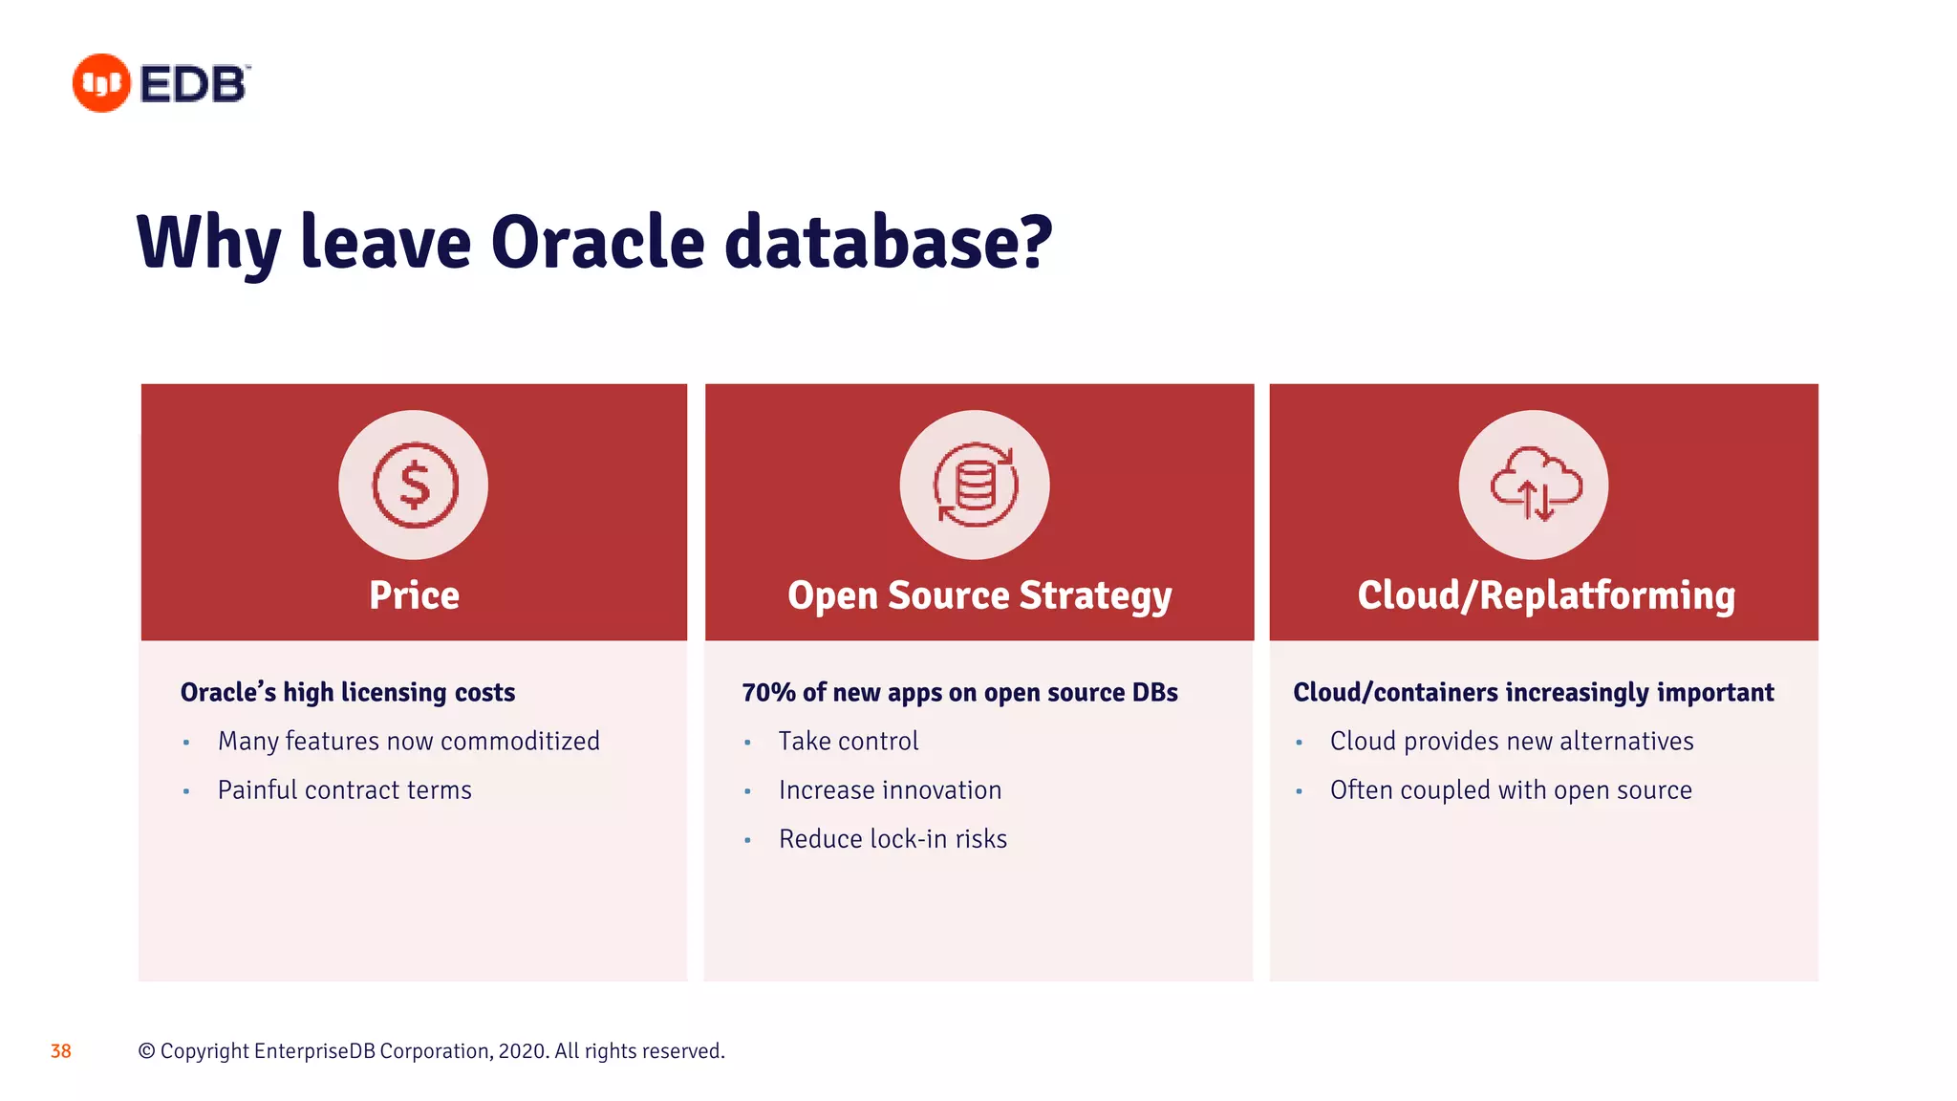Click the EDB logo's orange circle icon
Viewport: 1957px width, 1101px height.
(x=101, y=83)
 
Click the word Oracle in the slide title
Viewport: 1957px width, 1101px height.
(x=597, y=242)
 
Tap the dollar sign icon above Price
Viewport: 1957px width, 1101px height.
(x=414, y=486)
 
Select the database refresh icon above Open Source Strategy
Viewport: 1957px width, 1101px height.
(x=975, y=486)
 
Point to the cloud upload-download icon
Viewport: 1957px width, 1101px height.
(x=1535, y=486)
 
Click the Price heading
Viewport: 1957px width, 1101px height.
(x=414, y=595)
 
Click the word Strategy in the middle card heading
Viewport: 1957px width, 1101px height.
(x=1095, y=595)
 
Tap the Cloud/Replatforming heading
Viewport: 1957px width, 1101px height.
(x=1545, y=595)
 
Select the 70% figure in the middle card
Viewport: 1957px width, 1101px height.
(x=768, y=692)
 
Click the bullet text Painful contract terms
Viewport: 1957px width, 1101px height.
(x=344, y=790)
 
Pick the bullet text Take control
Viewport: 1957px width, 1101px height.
(x=848, y=742)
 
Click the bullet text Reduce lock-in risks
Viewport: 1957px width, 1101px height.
(x=892, y=839)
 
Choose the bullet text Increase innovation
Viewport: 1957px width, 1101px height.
(x=890, y=790)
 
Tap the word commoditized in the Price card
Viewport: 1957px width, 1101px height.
(x=520, y=742)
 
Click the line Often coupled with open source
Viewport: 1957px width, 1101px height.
(x=1510, y=790)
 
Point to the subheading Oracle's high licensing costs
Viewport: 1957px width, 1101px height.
(x=348, y=692)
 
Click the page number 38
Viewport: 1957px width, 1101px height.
(x=61, y=1051)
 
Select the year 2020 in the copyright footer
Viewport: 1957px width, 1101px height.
(x=522, y=1051)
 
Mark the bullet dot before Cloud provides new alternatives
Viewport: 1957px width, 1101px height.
(x=1299, y=743)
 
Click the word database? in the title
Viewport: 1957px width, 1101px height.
(x=888, y=242)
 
